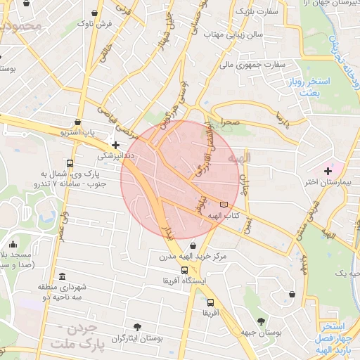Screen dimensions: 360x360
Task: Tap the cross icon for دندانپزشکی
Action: click(115, 145)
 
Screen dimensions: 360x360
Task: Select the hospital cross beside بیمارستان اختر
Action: click(328, 171)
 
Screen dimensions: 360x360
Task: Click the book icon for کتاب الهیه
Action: click(224, 204)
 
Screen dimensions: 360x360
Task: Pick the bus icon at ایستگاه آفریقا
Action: click(184, 270)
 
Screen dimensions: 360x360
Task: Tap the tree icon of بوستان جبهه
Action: click(261, 321)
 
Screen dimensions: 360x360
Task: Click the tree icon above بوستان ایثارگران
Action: click(137, 327)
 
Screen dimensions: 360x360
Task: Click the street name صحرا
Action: click(233, 122)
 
